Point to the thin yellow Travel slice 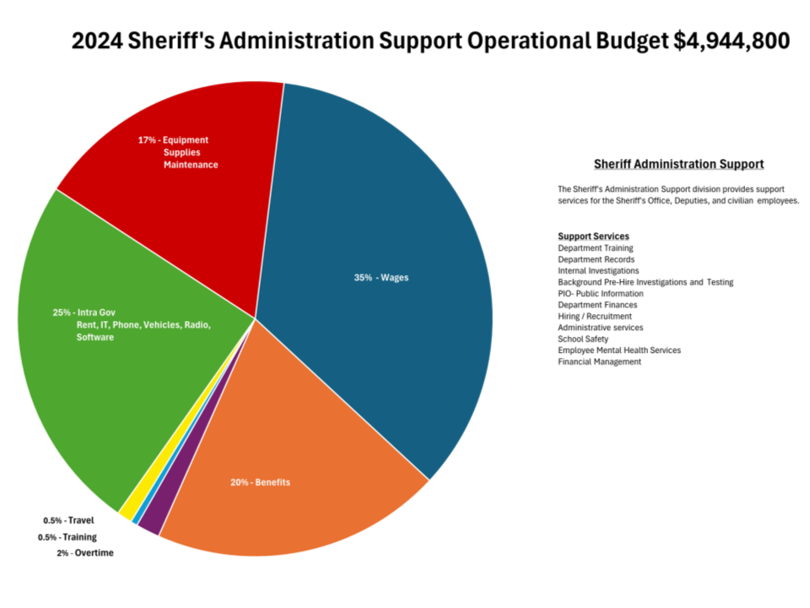coord(127,509)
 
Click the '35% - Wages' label coord(381,278)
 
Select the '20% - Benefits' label coord(260,482)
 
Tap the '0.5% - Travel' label coord(68,520)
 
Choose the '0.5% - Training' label coord(67,537)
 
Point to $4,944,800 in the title coord(732,41)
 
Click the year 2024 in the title coord(99,41)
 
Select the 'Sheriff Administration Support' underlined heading coord(678,164)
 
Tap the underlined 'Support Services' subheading coord(593,236)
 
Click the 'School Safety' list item coord(583,339)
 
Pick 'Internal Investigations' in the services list coord(598,271)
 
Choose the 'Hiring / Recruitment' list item coord(594,316)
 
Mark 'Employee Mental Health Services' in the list coord(618,350)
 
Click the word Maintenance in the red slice coord(191,165)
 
